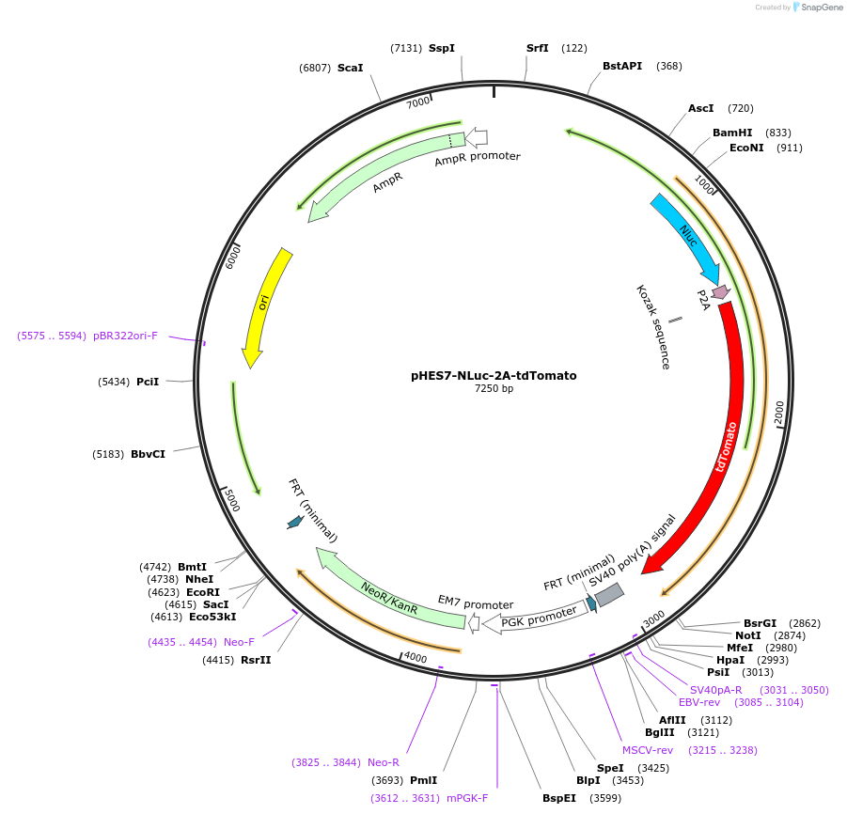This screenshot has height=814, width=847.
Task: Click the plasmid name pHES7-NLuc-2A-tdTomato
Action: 494,375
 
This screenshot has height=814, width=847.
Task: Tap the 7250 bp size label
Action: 494,389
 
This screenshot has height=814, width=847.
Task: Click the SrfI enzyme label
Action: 538,48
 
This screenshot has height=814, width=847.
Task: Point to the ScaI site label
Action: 350,68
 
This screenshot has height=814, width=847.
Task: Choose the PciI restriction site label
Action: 148,381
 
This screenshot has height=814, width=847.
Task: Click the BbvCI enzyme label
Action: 148,454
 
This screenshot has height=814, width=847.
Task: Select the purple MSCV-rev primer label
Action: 648,749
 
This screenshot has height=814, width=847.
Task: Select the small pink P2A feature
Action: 720,292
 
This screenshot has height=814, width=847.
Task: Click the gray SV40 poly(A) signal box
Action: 608,595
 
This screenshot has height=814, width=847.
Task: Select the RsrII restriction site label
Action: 255,660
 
